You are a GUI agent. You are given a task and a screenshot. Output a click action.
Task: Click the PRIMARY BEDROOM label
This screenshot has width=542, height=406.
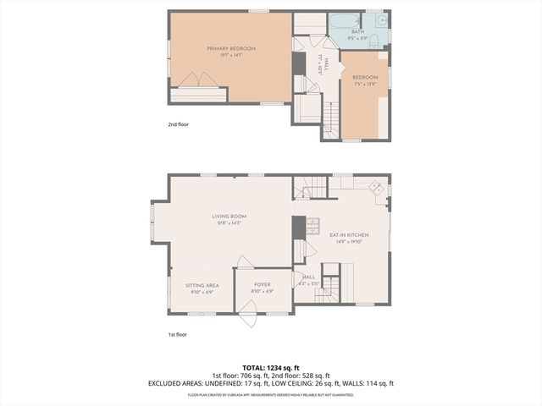coord(231,49)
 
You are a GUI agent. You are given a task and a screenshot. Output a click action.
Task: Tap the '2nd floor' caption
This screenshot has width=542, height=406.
coord(178,124)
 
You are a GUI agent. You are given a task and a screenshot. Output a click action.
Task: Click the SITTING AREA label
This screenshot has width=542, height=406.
coord(202,286)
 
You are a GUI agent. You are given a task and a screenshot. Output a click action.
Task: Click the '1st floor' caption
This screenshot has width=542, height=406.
coord(177,334)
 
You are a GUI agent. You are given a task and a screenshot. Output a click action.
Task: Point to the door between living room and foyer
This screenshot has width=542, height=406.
coord(245,262)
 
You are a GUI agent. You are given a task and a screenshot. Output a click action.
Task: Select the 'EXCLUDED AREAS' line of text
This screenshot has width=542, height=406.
coord(271,383)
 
